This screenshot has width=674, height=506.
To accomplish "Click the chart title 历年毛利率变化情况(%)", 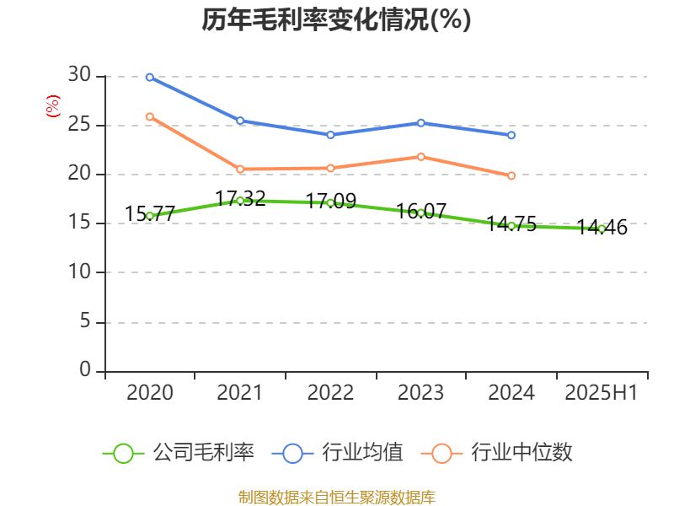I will (x=336, y=20).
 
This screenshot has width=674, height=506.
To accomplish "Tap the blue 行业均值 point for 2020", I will (x=149, y=77).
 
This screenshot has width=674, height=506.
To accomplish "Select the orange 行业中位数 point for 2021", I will (x=240, y=169).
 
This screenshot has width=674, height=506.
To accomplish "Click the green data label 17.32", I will (x=240, y=199).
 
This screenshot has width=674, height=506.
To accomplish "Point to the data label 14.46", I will (x=602, y=227).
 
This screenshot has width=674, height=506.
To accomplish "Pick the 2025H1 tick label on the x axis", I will (x=602, y=393).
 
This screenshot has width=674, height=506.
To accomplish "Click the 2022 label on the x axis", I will (x=330, y=393).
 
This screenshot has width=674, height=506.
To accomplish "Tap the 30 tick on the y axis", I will (x=79, y=76).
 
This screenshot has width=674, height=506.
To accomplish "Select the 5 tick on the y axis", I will (x=84, y=321).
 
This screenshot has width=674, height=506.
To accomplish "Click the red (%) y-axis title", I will (x=52, y=106).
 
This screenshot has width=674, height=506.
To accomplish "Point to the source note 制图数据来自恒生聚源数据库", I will (x=337, y=497).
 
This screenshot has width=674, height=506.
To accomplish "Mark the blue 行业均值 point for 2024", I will (x=511, y=135).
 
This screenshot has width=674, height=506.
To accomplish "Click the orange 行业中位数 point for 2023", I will (x=421, y=157).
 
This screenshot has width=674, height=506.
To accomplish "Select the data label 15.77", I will (x=149, y=214).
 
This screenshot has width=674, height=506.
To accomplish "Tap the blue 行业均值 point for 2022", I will (x=330, y=135).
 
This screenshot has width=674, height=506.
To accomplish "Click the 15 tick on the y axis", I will (x=79, y=223).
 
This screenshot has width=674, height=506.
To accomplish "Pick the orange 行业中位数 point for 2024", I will (x=511, y=175).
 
